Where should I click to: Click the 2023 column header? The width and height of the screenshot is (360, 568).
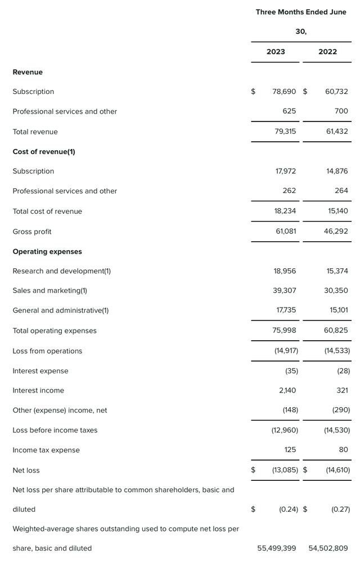[276, 52]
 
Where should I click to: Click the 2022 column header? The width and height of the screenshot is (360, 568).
[327, 52]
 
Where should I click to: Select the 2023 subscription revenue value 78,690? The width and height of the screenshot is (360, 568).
[284, 92]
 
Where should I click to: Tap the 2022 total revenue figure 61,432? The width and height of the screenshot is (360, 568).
[336, 132]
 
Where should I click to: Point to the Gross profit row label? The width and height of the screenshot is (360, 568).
[32, 232]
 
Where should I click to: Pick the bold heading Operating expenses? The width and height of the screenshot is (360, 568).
[47, 252]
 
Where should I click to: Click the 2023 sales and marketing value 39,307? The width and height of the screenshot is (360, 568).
[285, 291]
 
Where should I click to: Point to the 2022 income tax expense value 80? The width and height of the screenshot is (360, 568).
[343, 450]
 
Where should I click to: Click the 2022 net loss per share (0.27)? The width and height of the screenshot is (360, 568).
[340, 510]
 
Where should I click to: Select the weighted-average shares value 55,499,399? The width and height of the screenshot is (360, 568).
[277, 548]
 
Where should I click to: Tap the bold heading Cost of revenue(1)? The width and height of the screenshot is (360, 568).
[44, 152]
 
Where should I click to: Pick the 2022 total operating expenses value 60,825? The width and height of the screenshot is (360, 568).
[336, 331]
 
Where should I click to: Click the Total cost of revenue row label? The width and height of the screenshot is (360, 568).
[47, 211]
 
